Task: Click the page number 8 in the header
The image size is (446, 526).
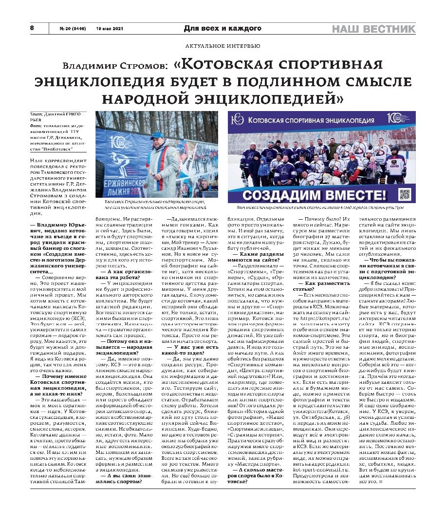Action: (x=32, y=28)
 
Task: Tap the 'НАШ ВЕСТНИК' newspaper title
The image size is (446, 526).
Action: (x=373, y=29)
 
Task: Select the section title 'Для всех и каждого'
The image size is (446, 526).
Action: (x=223, y=29)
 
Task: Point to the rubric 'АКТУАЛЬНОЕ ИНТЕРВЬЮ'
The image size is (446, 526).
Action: (x=223, y=46)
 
